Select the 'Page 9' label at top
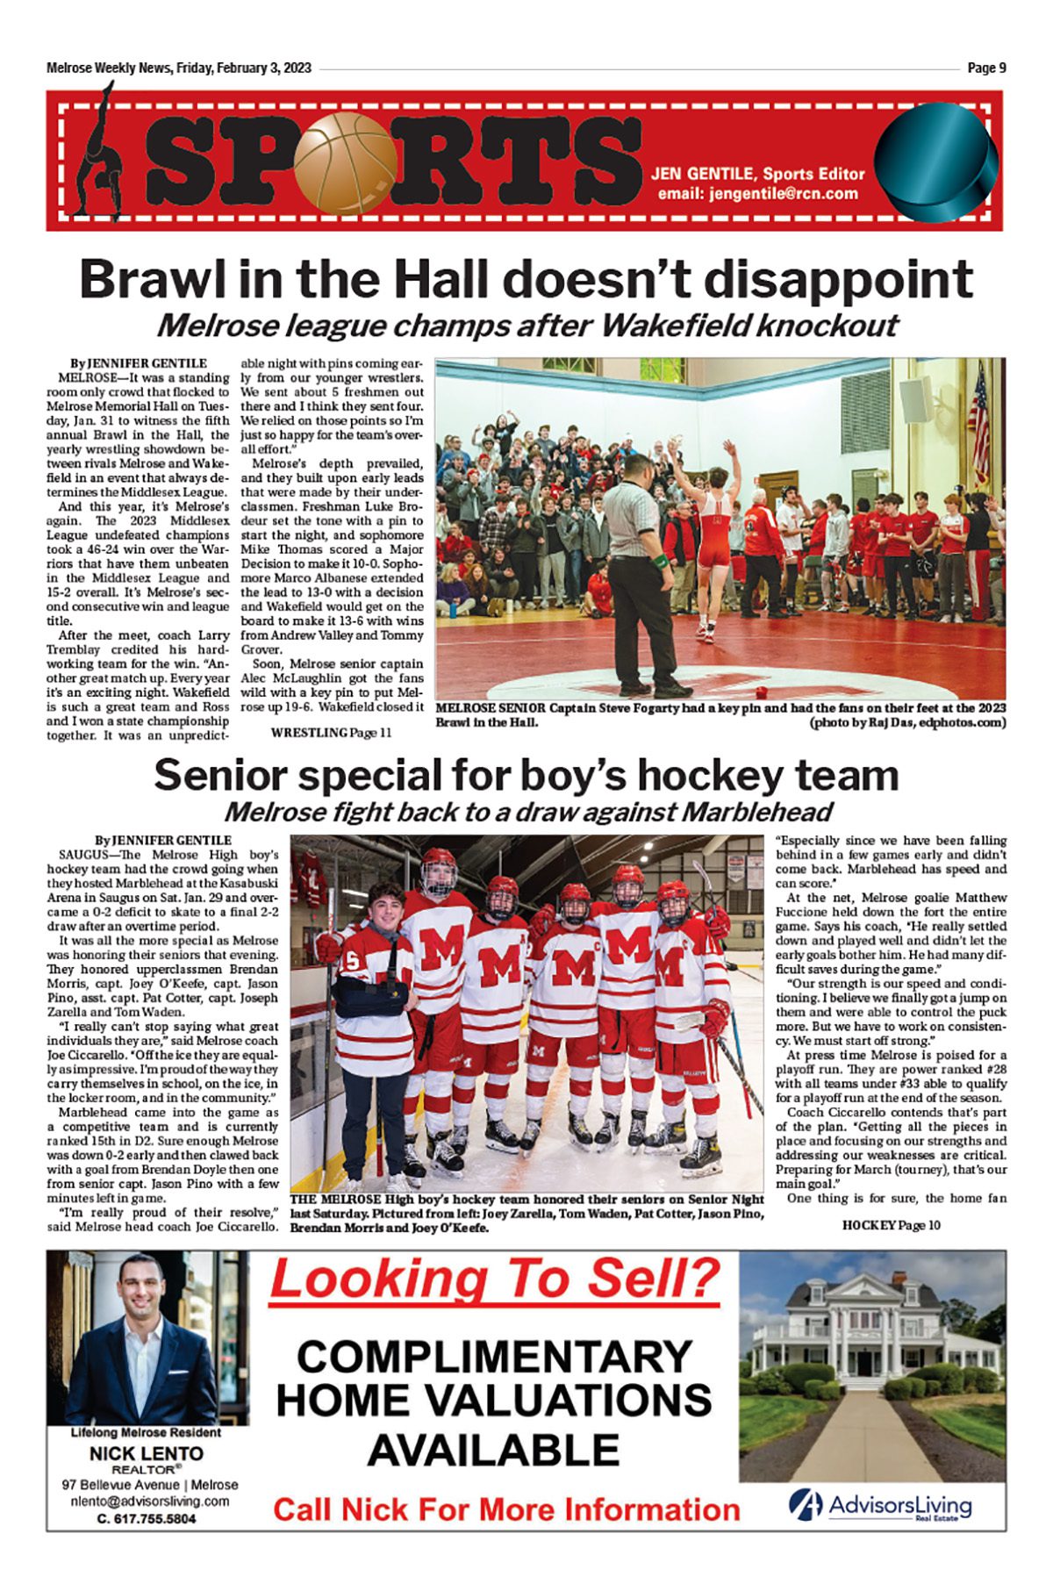pos(986,68)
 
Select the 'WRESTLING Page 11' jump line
pos(331,732)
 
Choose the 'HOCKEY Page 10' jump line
pos(891,1225)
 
